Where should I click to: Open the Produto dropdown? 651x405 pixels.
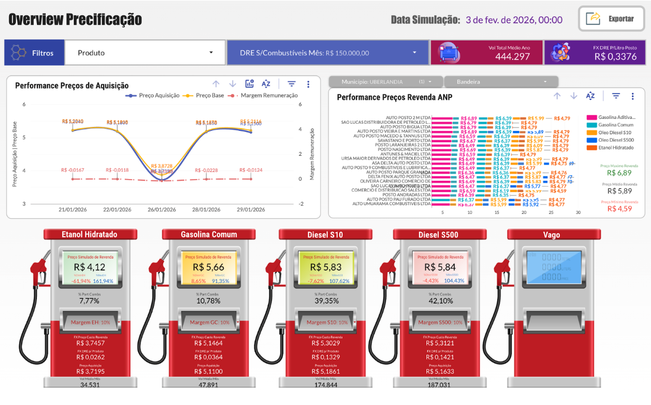pos(145,53)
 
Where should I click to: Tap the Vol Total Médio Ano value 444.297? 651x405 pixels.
pos(512,56)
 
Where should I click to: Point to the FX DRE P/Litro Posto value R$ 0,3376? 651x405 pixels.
pos(615,56)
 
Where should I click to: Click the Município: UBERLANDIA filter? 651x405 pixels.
pos(385,81)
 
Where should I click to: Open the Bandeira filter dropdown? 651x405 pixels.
pos(501,81)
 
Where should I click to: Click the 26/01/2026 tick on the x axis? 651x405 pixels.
pos(162,210)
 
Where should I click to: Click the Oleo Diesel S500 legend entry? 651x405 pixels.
pos(616,140)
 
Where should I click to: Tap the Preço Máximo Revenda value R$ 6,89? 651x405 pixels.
pos(620,173)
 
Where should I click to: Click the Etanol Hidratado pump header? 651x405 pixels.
pos(90,235)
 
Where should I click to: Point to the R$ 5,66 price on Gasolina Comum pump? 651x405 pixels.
pos(208,267)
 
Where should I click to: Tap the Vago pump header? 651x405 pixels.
pos(552,235)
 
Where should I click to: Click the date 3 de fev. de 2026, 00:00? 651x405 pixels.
pos(514,20)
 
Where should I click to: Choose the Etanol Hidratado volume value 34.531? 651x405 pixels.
pos(90,385)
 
